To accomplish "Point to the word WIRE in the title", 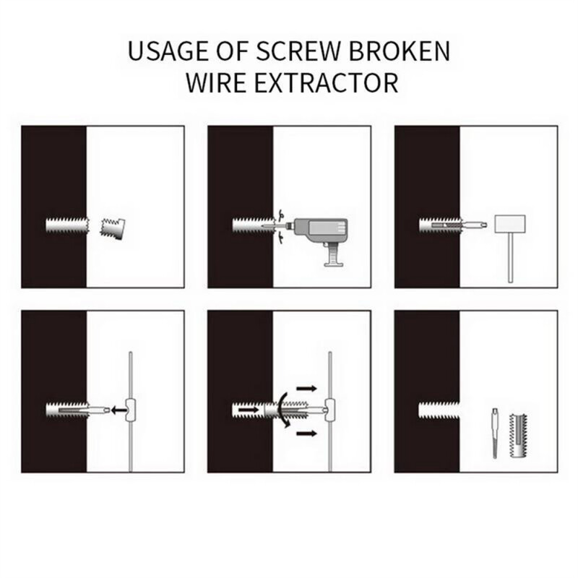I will point(215,82).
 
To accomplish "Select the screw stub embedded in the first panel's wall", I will point(66,225).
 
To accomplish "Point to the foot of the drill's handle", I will point(334,264).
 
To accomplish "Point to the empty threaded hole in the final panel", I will point(439,410).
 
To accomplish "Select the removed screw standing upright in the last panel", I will point(518,435).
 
